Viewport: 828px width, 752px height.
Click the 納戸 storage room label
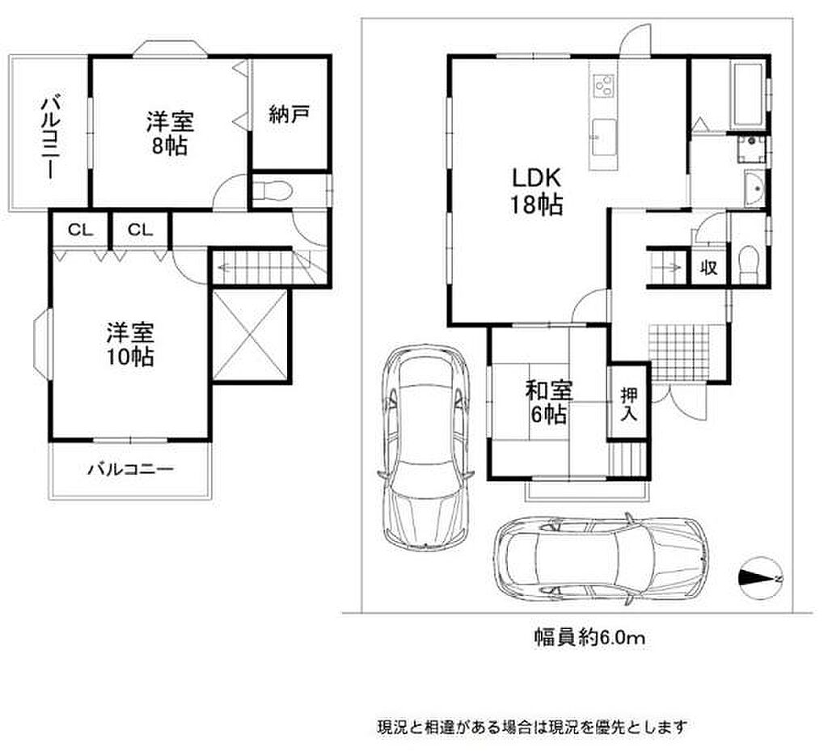point(289,114)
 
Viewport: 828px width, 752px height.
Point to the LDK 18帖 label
point(536,191)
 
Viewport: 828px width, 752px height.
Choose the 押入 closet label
point(628,404)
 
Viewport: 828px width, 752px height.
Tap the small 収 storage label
point(708,268)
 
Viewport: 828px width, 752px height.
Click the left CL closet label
point(81,230)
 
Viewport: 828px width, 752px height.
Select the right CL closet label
point(140,230)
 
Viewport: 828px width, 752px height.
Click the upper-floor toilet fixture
point(272,191)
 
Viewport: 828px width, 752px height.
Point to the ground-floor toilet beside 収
point(747,265)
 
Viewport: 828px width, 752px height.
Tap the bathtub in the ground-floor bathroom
point(746,95)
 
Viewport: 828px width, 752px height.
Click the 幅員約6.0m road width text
point(589,639)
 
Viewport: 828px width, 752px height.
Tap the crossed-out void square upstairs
point(251,334)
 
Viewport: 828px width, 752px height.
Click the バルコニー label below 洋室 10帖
point(131,468)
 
